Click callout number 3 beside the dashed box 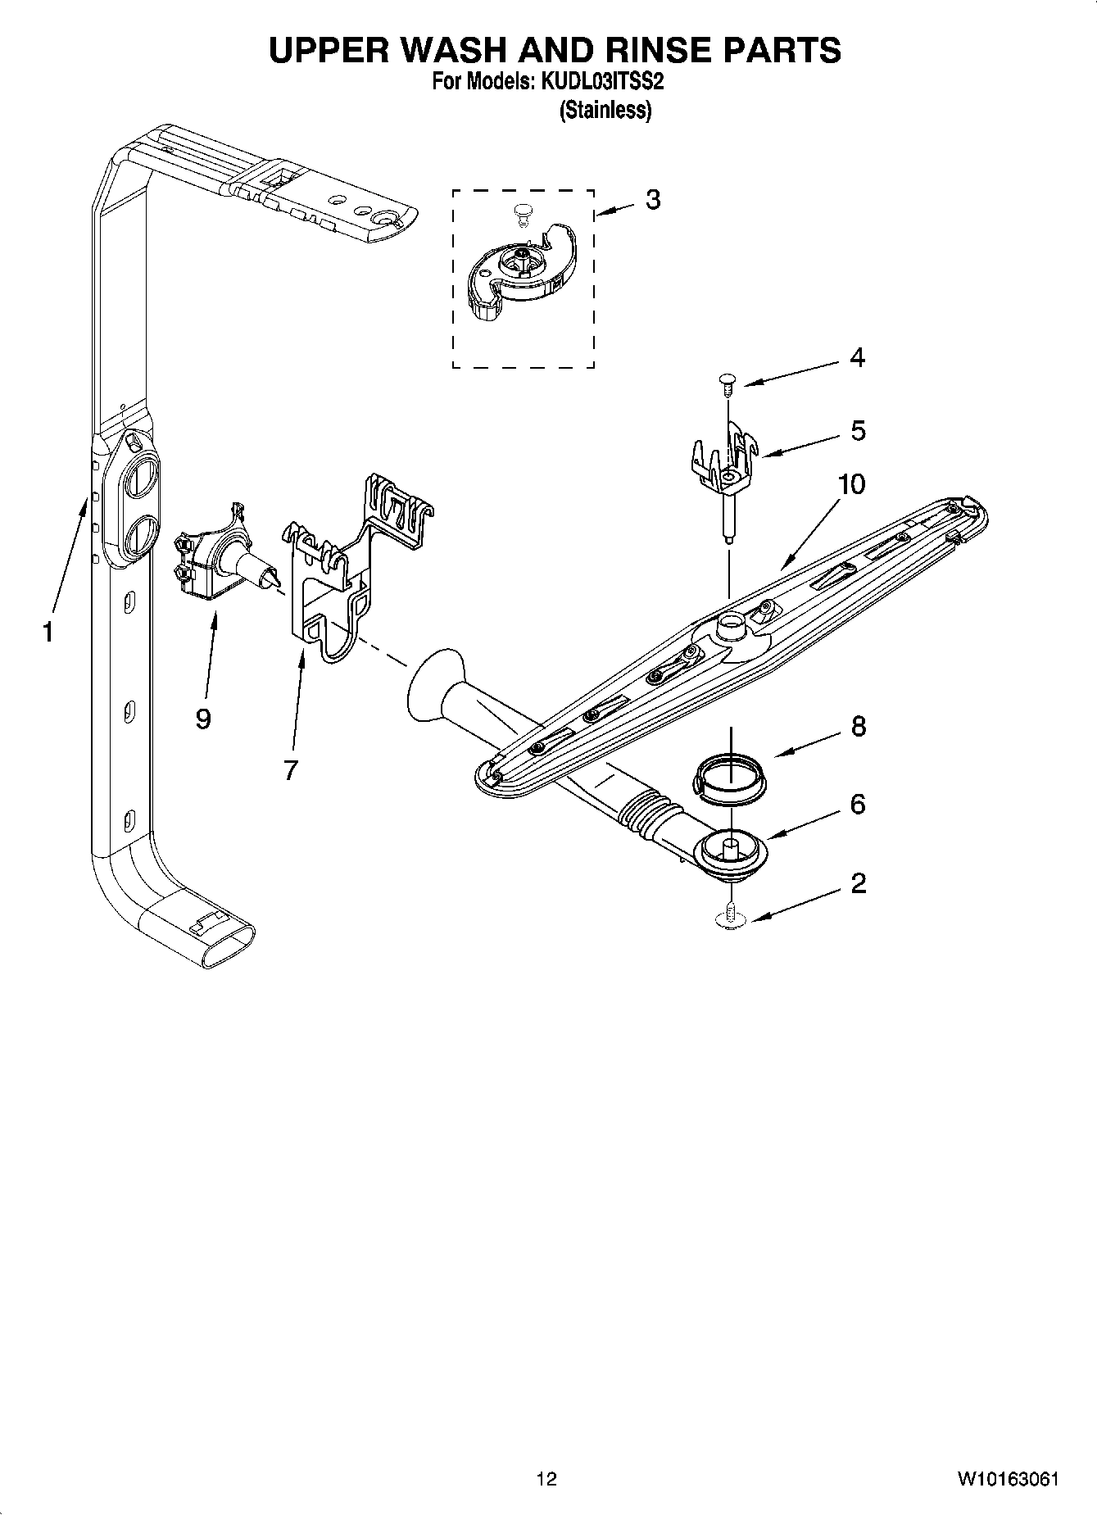(x=652, y=200)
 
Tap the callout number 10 (x=851, y=484)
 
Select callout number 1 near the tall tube (x=48, y=632)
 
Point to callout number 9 (x=203, y=719)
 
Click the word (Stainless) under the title (x=605, y=110)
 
